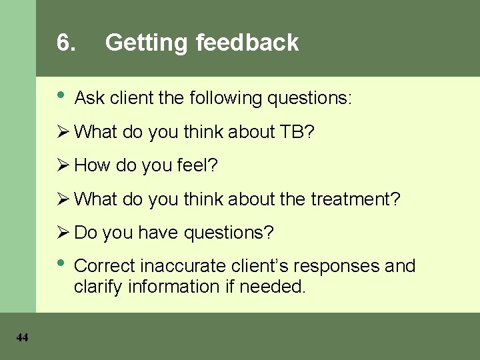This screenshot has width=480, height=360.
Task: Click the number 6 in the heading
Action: pos(65,43)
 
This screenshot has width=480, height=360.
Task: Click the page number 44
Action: pos(22,338)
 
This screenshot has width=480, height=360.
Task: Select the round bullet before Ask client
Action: pos(61,95)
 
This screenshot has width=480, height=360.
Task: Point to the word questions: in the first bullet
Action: pos(309,99)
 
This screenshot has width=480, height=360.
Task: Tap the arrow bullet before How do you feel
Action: pos(64,165)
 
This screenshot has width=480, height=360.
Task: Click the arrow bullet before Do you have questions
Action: pos(64,232)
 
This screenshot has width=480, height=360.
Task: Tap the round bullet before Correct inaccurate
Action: pos(61,262)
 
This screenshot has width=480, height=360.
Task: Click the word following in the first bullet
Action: pos(225,99)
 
